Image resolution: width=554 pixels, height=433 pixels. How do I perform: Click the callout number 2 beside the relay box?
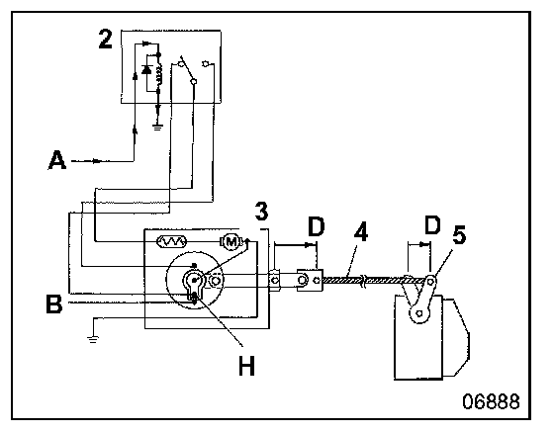[x=105, y=40]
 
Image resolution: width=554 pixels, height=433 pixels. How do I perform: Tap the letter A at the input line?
[x=57, y=160]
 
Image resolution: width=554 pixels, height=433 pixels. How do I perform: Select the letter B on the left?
[x=54, y=304]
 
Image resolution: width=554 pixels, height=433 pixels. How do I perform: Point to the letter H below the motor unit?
[x=246, y=366]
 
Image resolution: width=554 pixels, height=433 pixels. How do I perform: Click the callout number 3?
[x=261, y=212]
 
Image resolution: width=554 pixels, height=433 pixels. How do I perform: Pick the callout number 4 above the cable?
[x=360, y=232]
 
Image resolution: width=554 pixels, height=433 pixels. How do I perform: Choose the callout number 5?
[x=459, y=235]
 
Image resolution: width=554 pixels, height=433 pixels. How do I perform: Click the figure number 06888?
[x=491, y=401]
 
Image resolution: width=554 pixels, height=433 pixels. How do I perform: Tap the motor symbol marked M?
[x=231, y=241]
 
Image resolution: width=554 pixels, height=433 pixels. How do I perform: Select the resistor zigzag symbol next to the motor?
[x=172, y=241]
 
